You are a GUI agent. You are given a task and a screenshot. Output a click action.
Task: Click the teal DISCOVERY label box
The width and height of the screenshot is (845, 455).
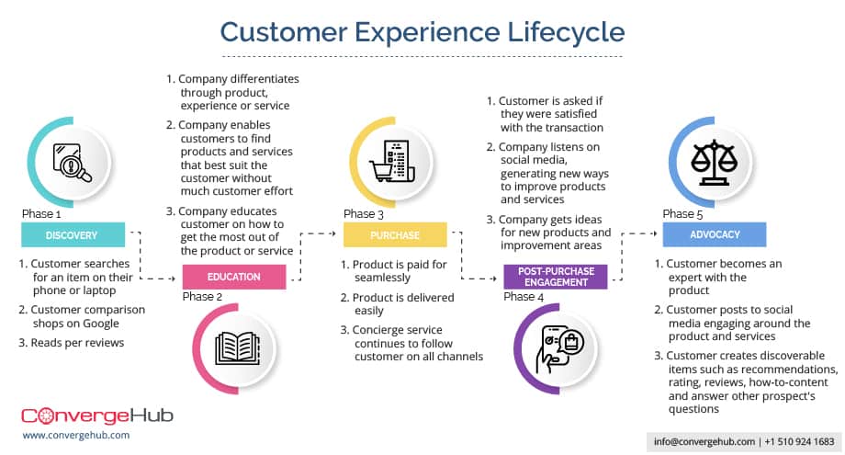point(72,235)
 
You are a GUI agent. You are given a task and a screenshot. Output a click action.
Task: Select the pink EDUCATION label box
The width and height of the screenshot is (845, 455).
point(234,277)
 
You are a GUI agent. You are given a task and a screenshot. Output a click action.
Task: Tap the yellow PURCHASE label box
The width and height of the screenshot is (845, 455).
point(395,235)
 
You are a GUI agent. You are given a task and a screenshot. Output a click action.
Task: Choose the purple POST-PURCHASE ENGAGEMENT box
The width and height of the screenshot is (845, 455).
point(555,277)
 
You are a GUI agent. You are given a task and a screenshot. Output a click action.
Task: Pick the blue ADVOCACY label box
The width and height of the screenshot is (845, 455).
point(715,235)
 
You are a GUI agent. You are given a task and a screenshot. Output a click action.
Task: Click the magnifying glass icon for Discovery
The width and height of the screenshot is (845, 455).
point(72,164)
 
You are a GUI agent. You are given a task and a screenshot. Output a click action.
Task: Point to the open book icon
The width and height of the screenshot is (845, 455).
point(234,348)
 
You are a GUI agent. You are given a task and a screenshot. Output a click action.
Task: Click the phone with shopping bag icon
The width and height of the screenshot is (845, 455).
point(555,348)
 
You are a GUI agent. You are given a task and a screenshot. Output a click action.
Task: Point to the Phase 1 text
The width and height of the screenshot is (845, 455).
point(42,214)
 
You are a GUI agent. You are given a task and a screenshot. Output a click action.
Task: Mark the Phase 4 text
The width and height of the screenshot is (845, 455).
point(524,297)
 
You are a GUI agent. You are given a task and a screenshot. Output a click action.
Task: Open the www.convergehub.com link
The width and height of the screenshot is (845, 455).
point(75,435)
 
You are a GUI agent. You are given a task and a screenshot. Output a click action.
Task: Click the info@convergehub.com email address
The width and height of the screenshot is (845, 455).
point(704,441)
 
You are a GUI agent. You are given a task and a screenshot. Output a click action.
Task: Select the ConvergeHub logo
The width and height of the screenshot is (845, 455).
point(96,415)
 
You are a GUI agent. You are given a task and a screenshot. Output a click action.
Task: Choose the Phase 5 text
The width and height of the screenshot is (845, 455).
point(684,214)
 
